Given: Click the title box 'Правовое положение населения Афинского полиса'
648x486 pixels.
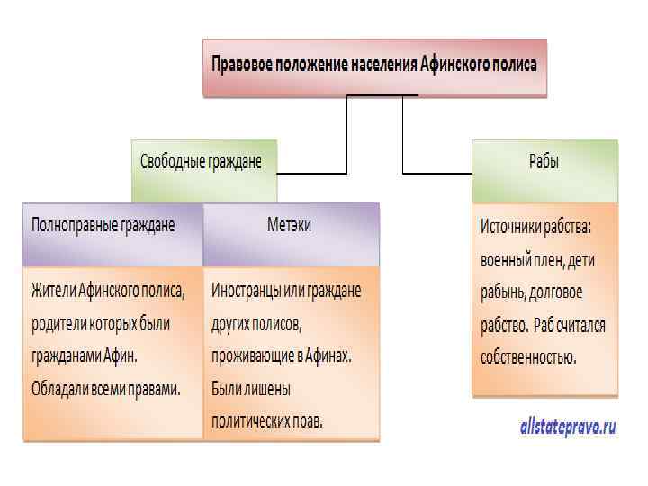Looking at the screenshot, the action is [374, 67].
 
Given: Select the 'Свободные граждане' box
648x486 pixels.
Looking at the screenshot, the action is [202, 163].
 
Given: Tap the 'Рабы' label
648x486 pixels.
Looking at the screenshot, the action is [544, 163].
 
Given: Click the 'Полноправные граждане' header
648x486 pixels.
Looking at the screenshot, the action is [103, 225].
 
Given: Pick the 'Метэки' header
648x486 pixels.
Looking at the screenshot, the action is [290, 225].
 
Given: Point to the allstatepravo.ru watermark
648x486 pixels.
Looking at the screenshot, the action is [568, 427].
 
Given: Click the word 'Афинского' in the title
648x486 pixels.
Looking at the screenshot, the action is [454, 65].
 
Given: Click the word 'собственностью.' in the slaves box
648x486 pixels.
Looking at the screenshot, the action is [528, 356].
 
